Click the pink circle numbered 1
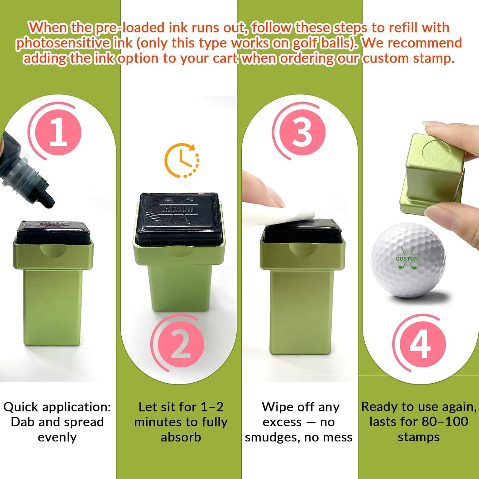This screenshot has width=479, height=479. [x=58, y=133]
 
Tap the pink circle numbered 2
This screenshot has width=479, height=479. [x=181, y=344]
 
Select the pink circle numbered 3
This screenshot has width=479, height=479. [x=302, y=131]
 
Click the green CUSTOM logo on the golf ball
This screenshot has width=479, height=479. [x=407, y=258]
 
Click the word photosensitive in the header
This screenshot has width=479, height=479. [x=63, y=43]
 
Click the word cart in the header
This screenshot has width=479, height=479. [x=226, y=59]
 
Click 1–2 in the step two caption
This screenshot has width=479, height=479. [x=212, y=407]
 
